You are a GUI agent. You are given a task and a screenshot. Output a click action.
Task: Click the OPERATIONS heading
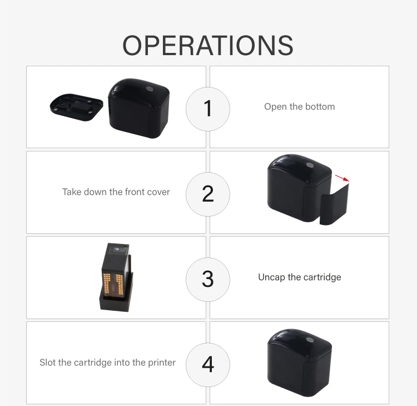[208, 46]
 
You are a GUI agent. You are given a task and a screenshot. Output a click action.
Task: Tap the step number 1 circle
[208, 109]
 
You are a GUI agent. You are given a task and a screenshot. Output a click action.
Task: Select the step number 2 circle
[208, 194]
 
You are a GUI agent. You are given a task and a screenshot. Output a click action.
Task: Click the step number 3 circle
[208, 280]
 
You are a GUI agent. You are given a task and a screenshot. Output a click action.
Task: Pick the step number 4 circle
[208, 365]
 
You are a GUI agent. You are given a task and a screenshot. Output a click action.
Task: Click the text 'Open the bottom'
[300, 106]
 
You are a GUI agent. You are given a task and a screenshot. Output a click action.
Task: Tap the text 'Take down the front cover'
[116, 192]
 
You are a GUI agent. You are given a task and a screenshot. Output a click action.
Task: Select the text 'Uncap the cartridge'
[300, 277]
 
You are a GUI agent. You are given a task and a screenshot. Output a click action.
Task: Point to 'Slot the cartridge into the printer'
[107, 363]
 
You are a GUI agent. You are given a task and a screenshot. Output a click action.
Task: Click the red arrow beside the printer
[342, 178]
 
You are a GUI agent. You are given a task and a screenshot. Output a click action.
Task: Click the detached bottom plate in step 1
[76, 107]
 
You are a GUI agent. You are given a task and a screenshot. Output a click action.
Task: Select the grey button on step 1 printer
[150, 89]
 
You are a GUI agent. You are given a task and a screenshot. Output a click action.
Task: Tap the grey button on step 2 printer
[309, 165]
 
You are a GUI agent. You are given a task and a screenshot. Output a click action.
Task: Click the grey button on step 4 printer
[309, 340]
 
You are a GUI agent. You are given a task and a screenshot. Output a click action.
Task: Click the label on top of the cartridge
[121, 250]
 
